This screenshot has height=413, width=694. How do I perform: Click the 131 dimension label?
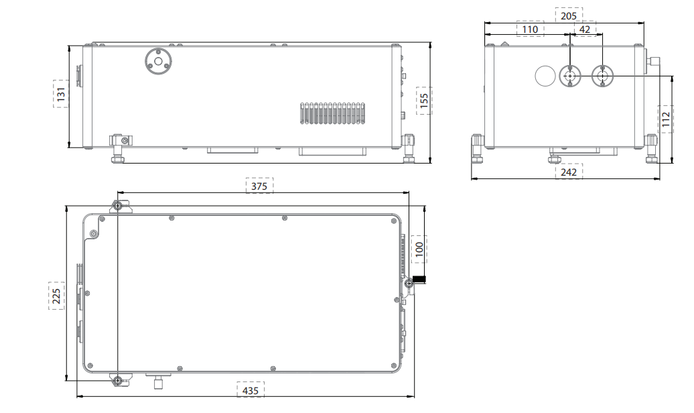pos(61,94)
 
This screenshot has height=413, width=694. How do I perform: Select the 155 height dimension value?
pos(424,101)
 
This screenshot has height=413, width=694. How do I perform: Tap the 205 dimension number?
pos(569,16)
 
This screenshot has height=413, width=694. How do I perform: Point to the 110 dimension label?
pos(531,29)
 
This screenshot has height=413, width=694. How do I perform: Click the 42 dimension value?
pos(585,29)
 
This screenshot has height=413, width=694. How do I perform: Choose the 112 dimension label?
pos(666,119)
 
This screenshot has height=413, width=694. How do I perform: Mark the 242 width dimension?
pos(569,172)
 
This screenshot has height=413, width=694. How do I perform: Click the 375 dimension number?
pos(259,186)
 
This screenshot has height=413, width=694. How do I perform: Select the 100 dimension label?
pos(419,249)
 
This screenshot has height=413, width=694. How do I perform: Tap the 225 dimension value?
pos(56,296)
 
